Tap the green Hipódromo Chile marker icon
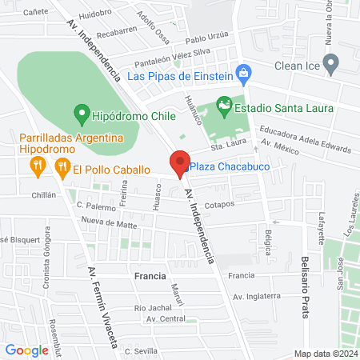click(x=80, y=112)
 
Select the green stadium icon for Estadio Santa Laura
click(x=225, y=105)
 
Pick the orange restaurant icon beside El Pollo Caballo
click(x=61, y=168)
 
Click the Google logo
click(x=26, y=350)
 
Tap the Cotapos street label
click(x=218, y=204)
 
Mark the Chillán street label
click(x=44, y=194)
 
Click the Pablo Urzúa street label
click(x=206, y=38)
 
